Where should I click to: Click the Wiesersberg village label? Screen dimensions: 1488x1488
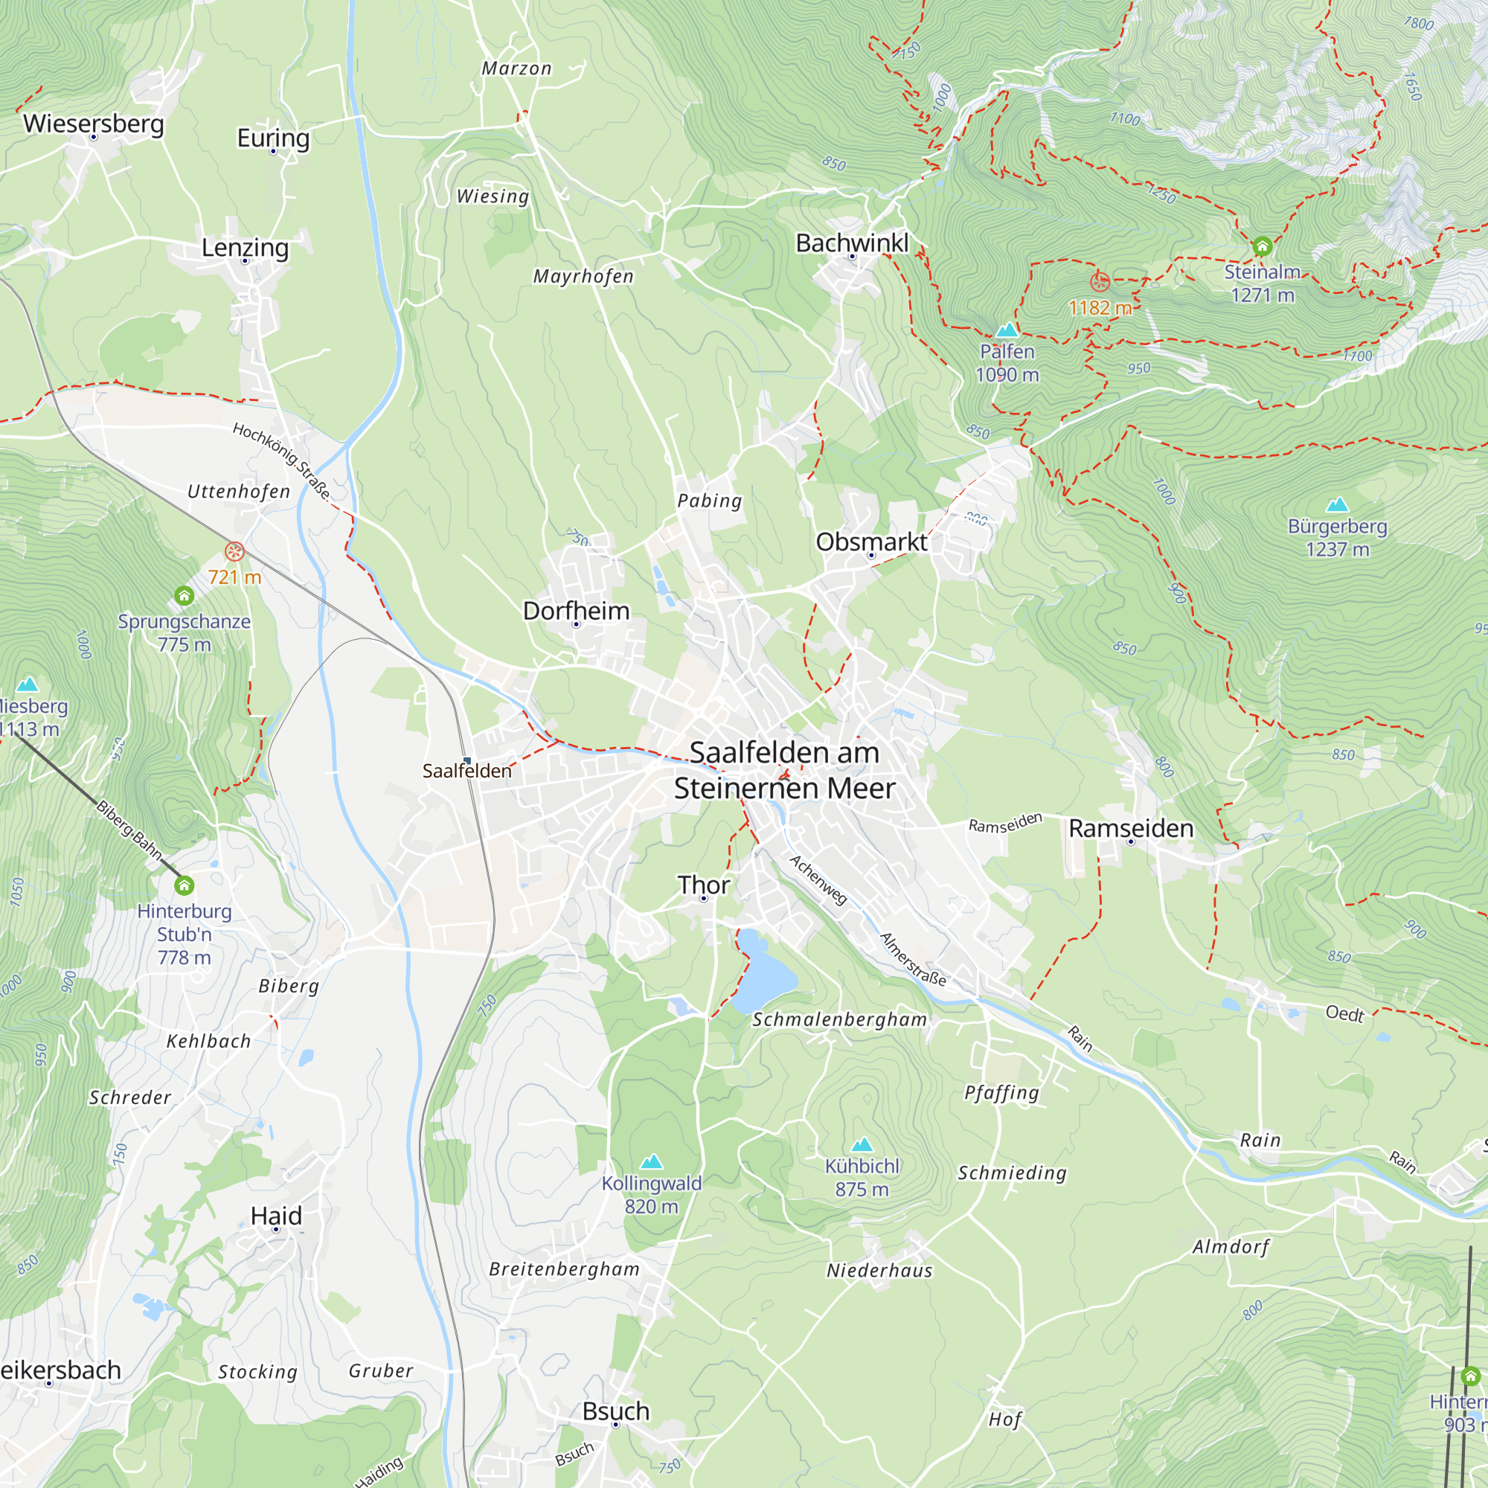coord(93,124)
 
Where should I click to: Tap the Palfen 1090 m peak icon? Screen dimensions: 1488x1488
coord(1007,330)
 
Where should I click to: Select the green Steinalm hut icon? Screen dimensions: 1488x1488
coord(1262,246)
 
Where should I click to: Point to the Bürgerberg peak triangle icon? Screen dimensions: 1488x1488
coord(1337,504)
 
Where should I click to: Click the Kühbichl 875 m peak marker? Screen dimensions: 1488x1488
coord(862,1144)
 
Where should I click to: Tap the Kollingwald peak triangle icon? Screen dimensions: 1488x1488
coord(652,1161)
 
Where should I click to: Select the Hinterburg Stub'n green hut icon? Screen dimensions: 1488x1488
coord(184,885)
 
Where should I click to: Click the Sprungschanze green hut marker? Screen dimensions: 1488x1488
coord(183,595)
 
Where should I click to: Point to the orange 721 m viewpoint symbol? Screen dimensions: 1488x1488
coord(234,551)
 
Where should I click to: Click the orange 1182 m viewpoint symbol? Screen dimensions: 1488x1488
coord(1100,281)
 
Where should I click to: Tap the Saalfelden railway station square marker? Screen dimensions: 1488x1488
coord(466,761)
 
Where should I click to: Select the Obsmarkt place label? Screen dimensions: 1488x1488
coord(871,542)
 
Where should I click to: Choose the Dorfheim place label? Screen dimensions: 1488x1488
coord(576,611)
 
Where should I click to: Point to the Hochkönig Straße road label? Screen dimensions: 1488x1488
coord(281,461)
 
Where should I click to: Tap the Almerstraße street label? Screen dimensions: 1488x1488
coord(913,960)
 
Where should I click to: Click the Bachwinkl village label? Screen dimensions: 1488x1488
coord(852,243)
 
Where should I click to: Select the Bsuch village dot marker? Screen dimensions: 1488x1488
coord(615,1425)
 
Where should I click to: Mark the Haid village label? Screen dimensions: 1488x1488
coord(276,1216)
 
